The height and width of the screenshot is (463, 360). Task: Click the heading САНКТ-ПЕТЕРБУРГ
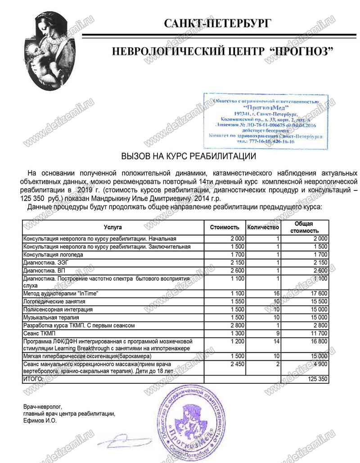(217, 23)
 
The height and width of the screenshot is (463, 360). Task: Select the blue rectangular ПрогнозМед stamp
(266, 121)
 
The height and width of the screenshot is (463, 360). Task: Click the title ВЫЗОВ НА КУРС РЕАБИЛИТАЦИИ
(189, 157)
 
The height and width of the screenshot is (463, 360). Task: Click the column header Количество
(263, 227)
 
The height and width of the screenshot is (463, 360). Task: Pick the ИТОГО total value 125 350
(318, 380)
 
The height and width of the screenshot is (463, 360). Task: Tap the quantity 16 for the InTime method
(277, 294)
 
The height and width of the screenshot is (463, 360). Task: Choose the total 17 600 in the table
(318, 294)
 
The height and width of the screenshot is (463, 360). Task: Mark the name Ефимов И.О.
(40, 421)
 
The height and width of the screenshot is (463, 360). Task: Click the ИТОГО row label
(33, 380)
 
